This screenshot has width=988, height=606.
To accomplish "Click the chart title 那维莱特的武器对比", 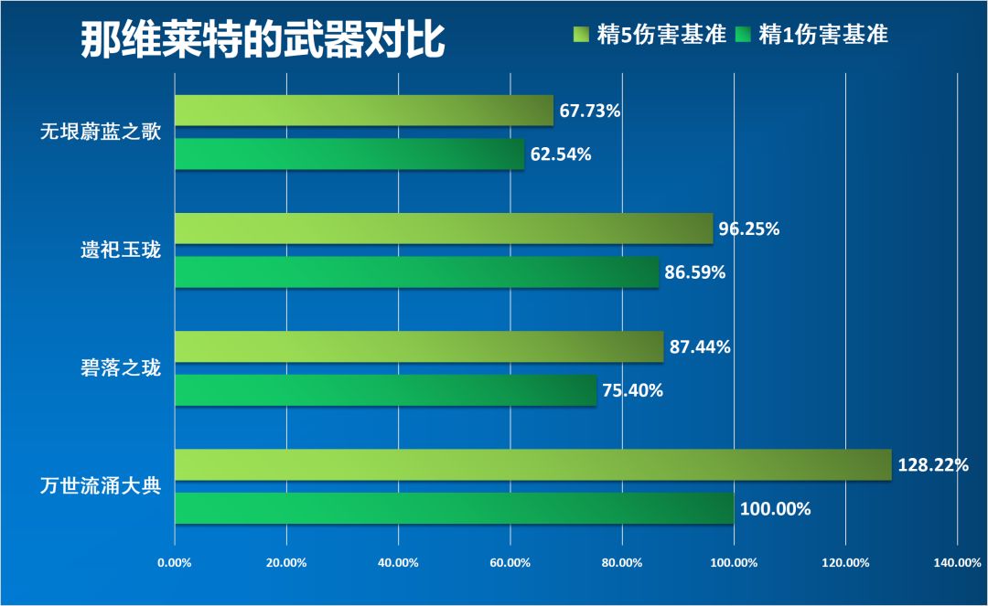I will pyautogui.click(x=263, y=38).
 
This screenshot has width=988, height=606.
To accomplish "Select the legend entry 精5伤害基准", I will pyautogui.click(x=649, y=35).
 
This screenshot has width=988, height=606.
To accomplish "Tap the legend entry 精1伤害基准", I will pyautogui.click(x=812, y=35).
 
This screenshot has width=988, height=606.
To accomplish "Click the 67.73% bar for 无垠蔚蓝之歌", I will pyautogui.click(x=364, y=111).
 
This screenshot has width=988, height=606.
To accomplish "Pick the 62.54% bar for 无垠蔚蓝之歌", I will pyautogui.click(x=349, y=154).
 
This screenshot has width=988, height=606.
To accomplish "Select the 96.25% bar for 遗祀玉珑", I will pyautogui.click(x=444, y=229).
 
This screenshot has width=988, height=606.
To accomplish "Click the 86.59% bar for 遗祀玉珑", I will pyautogui.click(x=416, y=272).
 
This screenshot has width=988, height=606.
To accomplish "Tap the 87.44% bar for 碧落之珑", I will pyautogui.click(x=419, y=346).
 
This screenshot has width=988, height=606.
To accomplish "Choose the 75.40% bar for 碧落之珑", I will pyautogui.click(x=385, y=390).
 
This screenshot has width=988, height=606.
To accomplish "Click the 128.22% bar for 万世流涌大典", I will pyautogui.click(x=532, y=464).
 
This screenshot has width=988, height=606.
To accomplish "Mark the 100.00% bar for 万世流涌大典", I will pyautogui.click(x=454, y=508).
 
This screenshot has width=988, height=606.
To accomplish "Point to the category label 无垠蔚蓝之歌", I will pyautogui.click(x=101, y=133).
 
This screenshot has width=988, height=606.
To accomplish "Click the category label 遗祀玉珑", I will pyautogui.click(x=122, y=250).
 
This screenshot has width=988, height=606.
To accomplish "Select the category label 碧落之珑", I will pyautogui.click(x=122, y=368).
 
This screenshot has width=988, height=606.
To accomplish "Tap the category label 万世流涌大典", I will pyautogui.click(x=101, y=485).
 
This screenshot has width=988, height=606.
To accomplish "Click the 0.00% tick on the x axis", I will pyautogui.click(x=175, y=562).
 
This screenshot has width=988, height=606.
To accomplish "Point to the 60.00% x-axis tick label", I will pyautogui.click(x=510, y=562).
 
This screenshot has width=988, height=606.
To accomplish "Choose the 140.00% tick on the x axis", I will pyautogui.click(x=957, y=562).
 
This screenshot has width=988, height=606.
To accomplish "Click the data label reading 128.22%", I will pyautogui.click(x=933, y=465).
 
